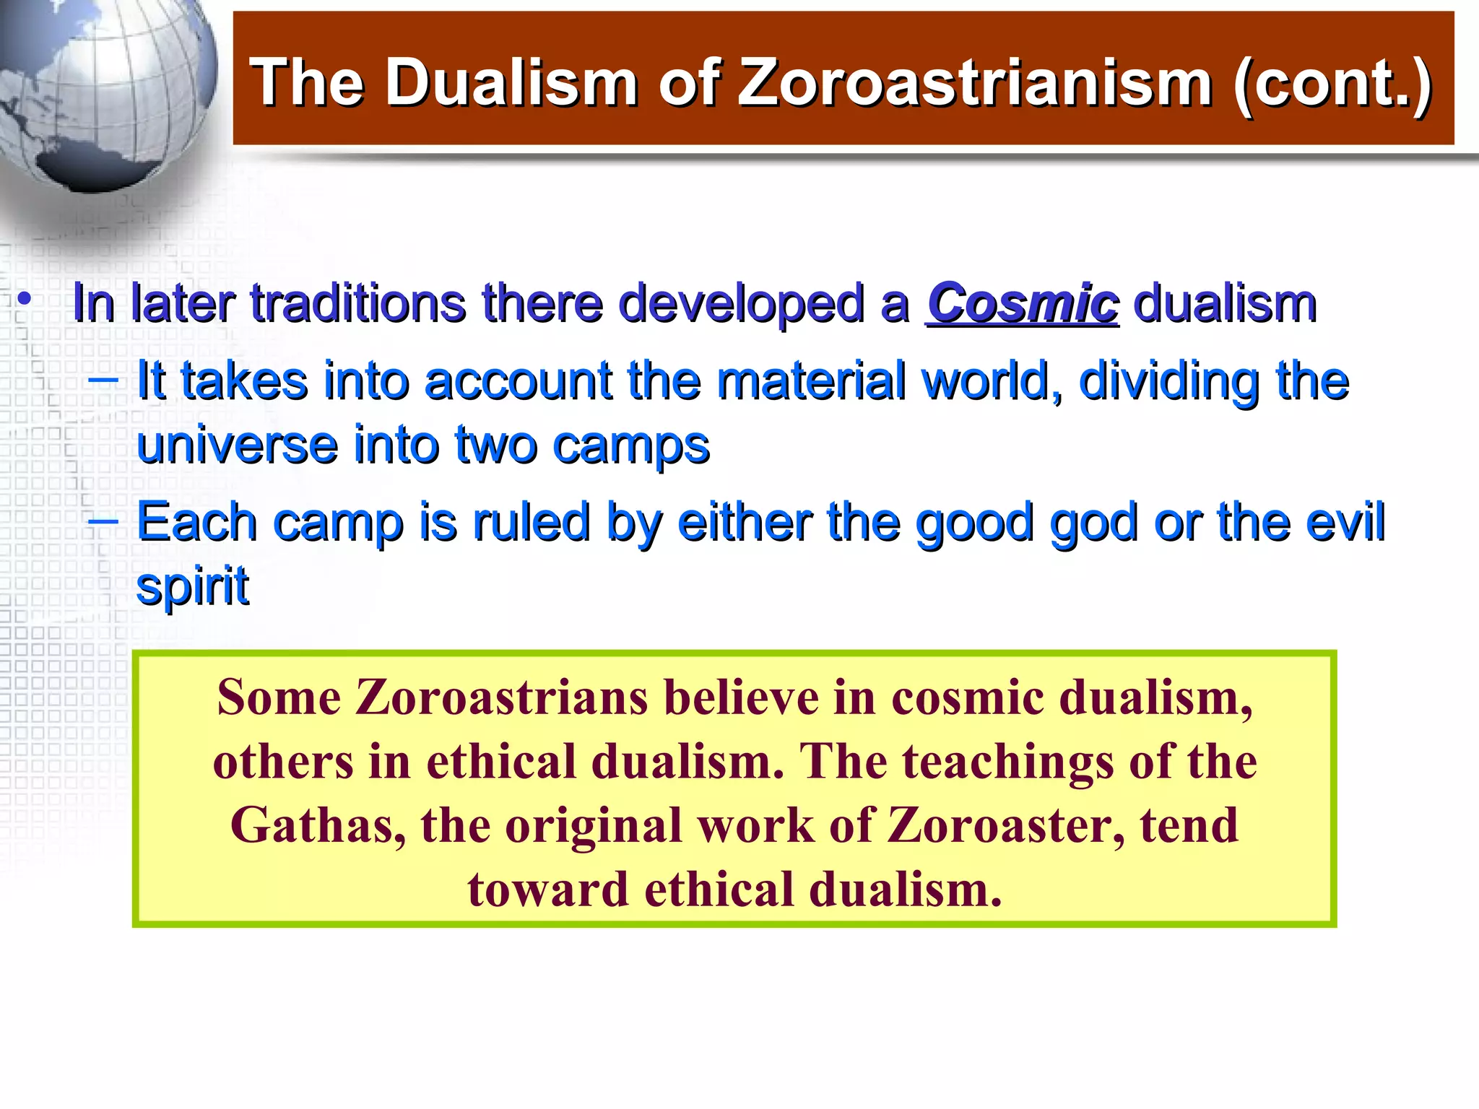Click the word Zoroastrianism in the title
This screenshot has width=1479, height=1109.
click(x=975, y=82)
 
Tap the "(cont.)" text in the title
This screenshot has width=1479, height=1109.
click(x=1333, y=82)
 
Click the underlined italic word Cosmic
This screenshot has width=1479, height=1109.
click(x=1023, y=303)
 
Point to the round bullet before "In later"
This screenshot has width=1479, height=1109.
click(x=25, y=299)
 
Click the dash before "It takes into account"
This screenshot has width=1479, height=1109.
click(x=103, y=378)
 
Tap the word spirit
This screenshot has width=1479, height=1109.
click(x=192, y=586)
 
